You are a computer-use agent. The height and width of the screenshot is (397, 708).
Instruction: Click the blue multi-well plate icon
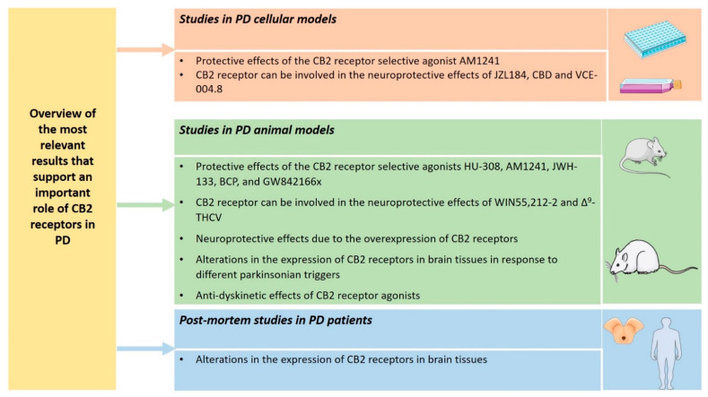click(654, 39)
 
